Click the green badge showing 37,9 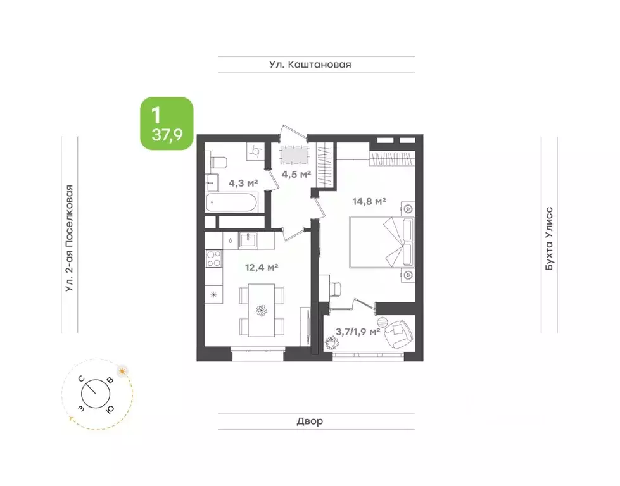coord(167,123)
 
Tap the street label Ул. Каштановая coord(310,65)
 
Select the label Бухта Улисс coord(549,239)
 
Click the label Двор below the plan coord(310,421)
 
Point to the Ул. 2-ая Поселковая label coord(70,239)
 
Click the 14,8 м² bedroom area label coord(369,201)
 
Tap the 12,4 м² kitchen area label coord(262,268)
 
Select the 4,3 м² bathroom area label coord(243,183)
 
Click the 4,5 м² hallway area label coord(296,173)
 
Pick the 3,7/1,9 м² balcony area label coord(358,332)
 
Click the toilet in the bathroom coord(218,163)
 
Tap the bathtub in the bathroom coord(231,202)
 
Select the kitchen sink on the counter coord(248,240)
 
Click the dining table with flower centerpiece coord(262,310)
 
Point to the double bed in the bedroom coord(382,242)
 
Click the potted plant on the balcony coord(331,343)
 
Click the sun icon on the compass coord(123,371)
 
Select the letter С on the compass coord(82,378)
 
